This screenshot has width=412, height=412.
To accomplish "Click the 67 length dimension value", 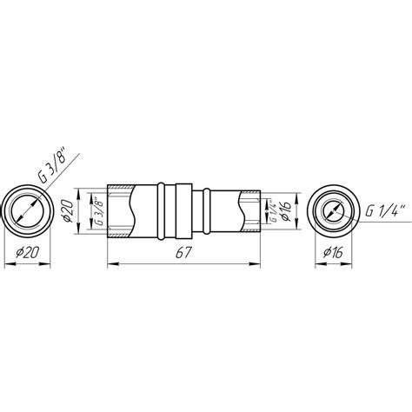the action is (183, 253).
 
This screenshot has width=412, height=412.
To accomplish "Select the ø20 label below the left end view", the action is (28, 253).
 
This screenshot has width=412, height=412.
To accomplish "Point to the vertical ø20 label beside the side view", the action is (69, 210).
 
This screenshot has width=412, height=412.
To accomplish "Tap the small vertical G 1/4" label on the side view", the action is (273, 210).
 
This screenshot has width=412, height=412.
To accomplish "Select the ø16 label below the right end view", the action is (333, 253).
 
